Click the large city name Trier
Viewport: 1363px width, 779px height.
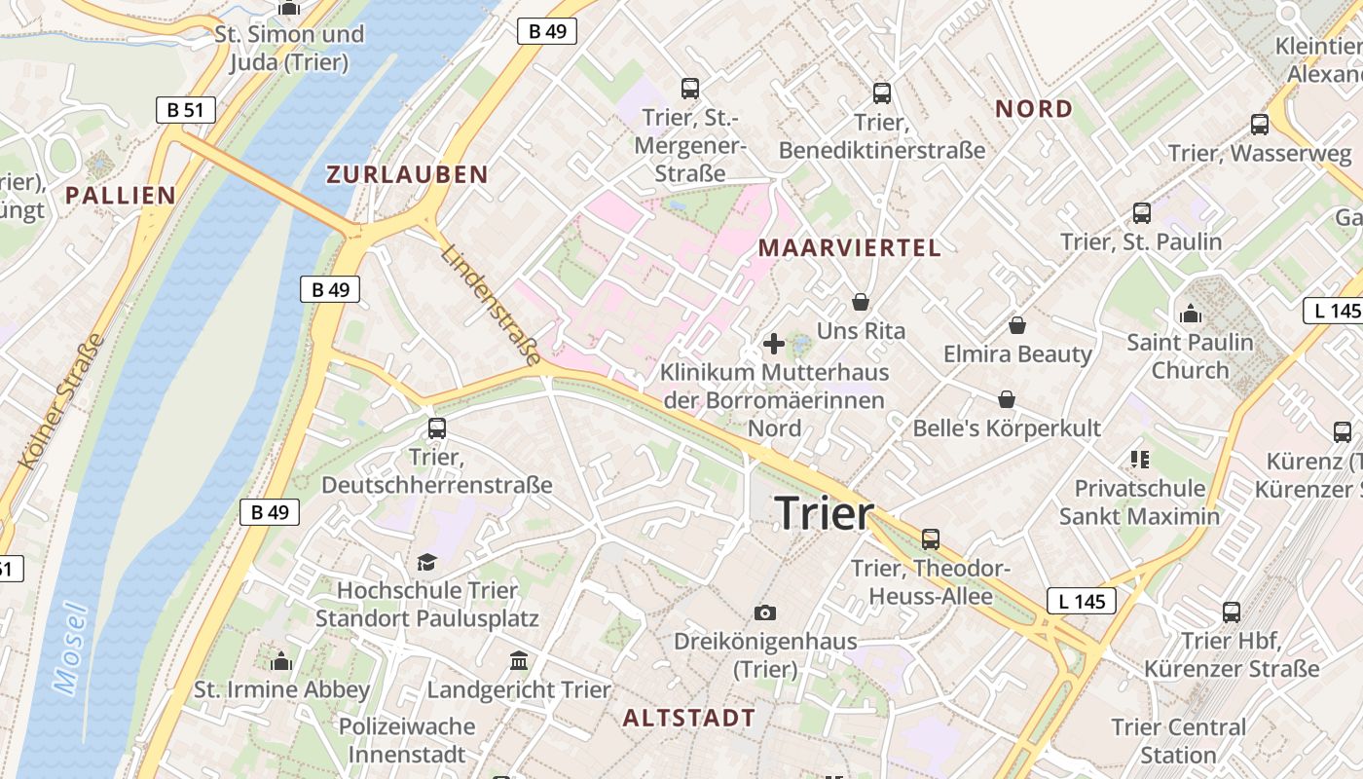click(x=825, y=513)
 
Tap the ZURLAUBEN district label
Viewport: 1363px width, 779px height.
click(x=407, y=174)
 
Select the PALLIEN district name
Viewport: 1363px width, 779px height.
click(x=121, y=195)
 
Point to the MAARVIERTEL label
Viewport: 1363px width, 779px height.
click(x=850, y=247)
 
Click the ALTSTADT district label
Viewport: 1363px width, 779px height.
click(x=688, y=719)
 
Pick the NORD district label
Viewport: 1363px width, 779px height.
click(x=1033, y=109)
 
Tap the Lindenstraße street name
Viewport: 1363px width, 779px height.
click(x=490, y=305)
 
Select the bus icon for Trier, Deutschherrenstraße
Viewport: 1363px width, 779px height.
click(x=437, y=427)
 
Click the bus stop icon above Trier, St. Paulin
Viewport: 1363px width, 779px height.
click(x=1141, y=212)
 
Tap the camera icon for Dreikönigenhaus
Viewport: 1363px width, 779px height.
click(x=765, y=612)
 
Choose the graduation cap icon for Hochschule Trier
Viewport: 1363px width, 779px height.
click(x=426, y=562)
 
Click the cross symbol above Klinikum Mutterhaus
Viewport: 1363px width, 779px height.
click(x=774, y=344)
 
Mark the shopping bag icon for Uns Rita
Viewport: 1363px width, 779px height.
click(x=860, y=302)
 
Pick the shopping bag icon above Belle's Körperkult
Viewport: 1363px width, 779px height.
click(x=1007, y=399)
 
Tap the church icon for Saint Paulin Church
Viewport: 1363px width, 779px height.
click(x=1190, y=314)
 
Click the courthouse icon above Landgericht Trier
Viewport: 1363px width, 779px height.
click(x=519, y=661)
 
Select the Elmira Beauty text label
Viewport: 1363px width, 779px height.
click(x=1017, y=353)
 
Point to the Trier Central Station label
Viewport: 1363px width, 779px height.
click(x=1178, y=740)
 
